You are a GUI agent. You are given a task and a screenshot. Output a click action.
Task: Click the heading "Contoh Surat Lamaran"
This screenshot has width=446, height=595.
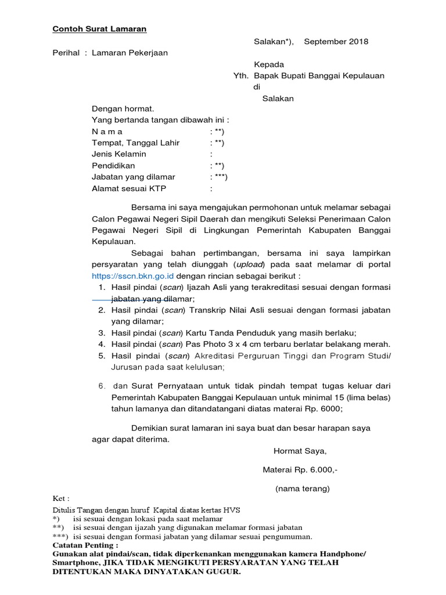[x=100, y=29]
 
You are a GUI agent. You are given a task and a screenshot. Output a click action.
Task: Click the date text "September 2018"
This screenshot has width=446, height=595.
[x=336, y=42]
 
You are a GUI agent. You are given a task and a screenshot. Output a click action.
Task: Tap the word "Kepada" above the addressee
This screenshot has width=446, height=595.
[x=269, y=64]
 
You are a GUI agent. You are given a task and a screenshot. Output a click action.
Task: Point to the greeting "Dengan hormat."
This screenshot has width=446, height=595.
[x=123, y=109]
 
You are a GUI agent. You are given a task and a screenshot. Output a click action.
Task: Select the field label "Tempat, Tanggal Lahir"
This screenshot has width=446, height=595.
[x=136, y=143]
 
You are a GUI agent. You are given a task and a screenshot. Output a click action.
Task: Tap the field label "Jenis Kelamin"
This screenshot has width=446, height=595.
[x=119, y=155]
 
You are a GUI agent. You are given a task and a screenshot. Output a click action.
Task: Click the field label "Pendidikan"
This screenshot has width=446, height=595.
[x=113, y=166]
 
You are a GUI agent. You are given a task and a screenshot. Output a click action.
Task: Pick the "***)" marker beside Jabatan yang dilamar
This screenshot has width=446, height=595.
[x=220, y=177]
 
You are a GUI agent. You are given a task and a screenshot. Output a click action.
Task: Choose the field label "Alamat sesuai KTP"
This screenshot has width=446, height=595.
[x=128, y=188]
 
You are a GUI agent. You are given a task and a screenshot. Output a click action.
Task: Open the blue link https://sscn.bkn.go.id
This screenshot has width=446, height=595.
[x=133, y=276]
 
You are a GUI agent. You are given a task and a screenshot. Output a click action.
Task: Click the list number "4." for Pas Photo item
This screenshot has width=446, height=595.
[x=101, y=344]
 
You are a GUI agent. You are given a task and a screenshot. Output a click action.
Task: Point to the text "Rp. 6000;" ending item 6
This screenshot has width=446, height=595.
[x=325, y=408]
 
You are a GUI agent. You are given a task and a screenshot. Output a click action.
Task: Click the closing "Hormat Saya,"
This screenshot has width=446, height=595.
[x=300, y=450]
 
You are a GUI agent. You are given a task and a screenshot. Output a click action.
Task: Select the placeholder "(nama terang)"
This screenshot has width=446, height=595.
[x=302, y=489]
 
